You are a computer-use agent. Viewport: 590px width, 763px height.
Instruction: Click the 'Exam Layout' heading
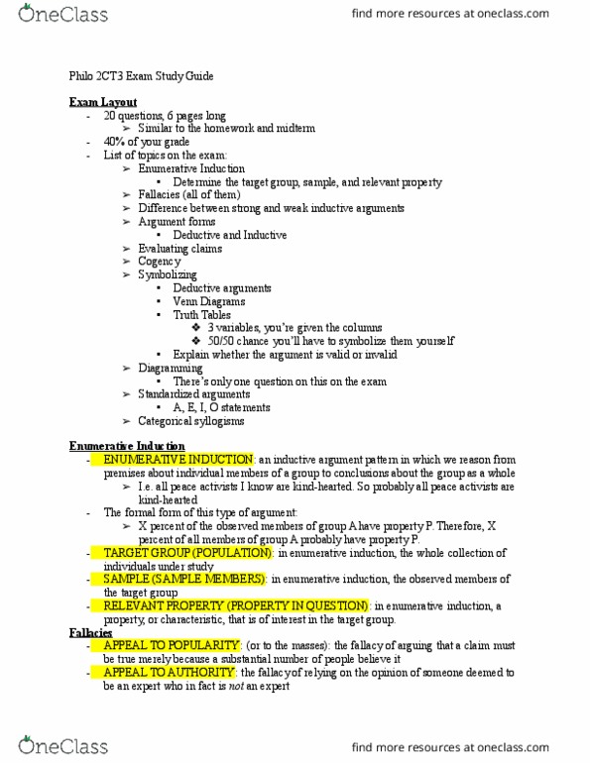point(103,102)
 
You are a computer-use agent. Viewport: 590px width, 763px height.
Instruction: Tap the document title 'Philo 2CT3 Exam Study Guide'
point(141,76)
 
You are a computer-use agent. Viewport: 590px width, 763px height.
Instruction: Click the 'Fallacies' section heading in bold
point(90,632)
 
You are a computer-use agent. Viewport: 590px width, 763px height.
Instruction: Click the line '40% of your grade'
point(146,142)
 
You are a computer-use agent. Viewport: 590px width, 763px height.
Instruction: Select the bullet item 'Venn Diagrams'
point(208,301)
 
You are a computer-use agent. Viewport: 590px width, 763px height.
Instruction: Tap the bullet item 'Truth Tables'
point(202,315)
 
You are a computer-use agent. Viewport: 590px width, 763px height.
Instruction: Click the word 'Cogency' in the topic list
point(160,261)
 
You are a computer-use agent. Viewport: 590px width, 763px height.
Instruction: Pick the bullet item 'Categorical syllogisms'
point(190,421)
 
